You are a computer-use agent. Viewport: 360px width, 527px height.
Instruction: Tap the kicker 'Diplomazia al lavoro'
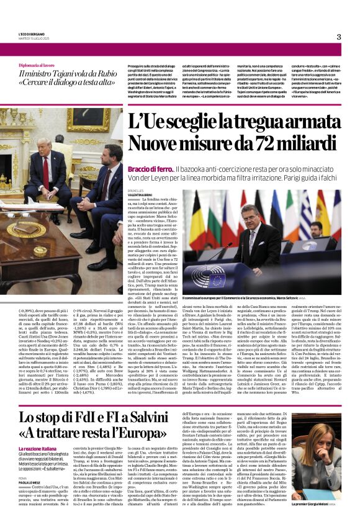click(x=41, y=65)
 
